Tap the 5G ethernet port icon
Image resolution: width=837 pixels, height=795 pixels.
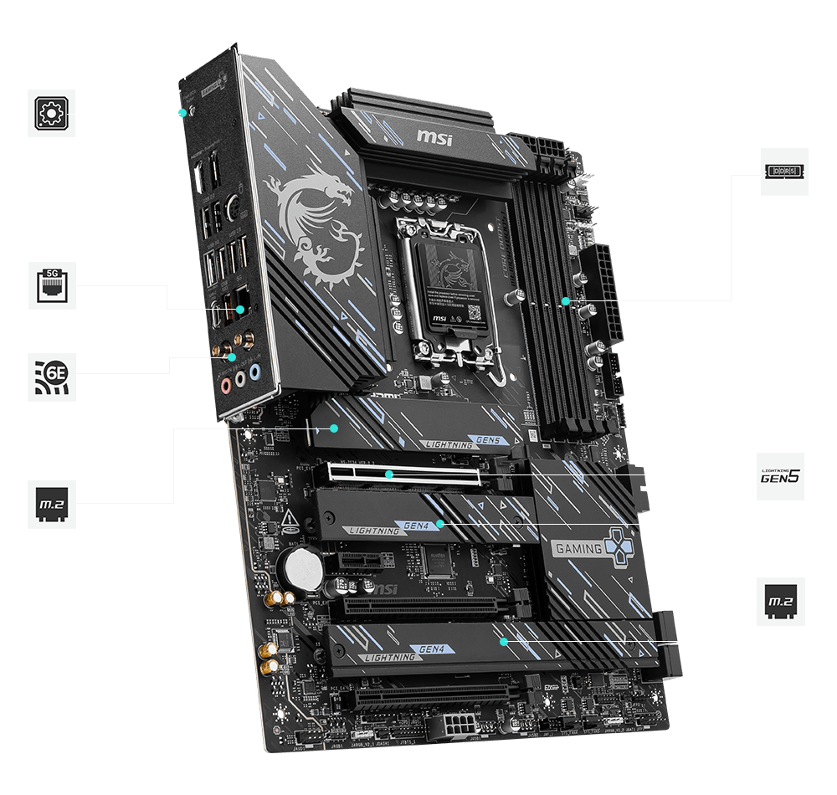click(52, 285)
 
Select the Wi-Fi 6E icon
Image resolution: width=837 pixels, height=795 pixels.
click(52, 377)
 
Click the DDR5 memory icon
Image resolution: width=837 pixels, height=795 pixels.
click(784, 172)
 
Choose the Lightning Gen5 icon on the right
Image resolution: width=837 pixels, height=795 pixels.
click(780, 476)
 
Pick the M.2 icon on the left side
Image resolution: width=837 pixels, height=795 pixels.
click(52, 503)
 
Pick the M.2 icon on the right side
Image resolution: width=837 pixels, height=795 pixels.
click(780, 601)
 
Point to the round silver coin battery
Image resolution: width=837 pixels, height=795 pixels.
click(302, 569)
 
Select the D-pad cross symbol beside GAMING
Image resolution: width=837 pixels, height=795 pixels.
click(620, 546)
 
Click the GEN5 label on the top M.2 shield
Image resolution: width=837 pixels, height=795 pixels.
click(485, 439)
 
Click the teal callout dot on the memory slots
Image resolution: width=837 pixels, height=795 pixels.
click(566, 300)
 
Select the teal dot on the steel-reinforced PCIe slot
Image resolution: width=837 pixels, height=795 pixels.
click(388, 474)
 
